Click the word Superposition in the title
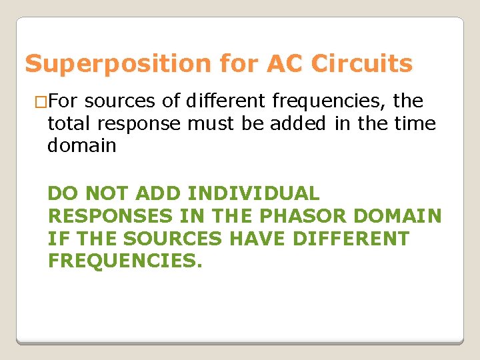117,64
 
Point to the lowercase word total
70,123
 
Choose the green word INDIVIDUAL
253,194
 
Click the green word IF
56,238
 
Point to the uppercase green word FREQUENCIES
124,260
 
